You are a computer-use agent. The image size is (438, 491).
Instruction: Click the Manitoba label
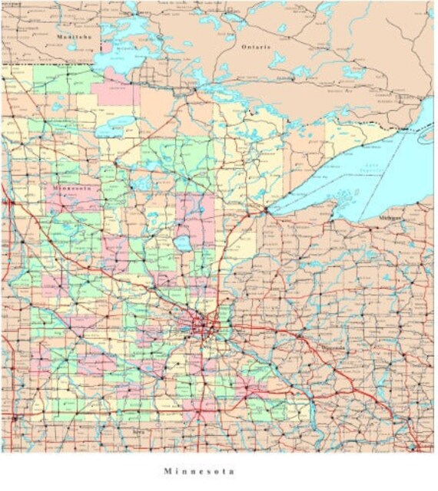[x=74, y=36]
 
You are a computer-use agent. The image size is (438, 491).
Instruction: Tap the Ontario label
[x=256, y=47]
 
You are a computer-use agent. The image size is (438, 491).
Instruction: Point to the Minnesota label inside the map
[x=71, y=187]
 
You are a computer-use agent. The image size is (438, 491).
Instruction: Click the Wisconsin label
[x=332, y=346]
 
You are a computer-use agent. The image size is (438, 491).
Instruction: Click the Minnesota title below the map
[x=199, y=471]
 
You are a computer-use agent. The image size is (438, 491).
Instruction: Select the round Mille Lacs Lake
[x=182, y=245]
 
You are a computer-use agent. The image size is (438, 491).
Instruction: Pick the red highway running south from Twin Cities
[x=202, y=384]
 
